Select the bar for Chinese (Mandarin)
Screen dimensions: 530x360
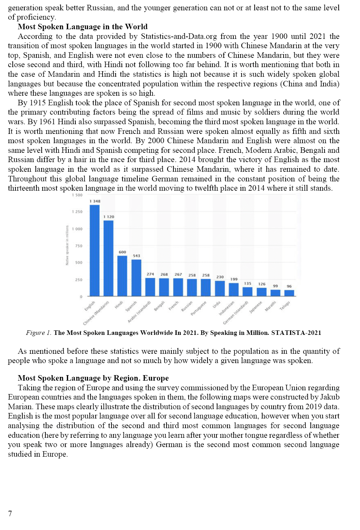point(108,258)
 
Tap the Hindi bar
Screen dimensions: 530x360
point(122,276)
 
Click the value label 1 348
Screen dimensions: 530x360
point(95,201)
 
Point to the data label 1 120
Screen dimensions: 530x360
point(109,217)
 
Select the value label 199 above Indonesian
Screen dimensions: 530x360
point(234,279)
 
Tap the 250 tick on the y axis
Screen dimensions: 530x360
point(79,280)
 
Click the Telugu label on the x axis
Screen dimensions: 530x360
point(285,306)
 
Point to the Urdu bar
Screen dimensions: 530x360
point(220,288)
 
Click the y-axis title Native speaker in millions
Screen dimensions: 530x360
point(67,245)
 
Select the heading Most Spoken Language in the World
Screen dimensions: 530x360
point(83,27)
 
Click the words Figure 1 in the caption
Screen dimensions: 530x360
point(39,333)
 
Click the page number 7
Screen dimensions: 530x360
point(10,513)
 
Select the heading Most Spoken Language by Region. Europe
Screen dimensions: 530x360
point(93,378)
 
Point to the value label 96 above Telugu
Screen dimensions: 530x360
point(289,286)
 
